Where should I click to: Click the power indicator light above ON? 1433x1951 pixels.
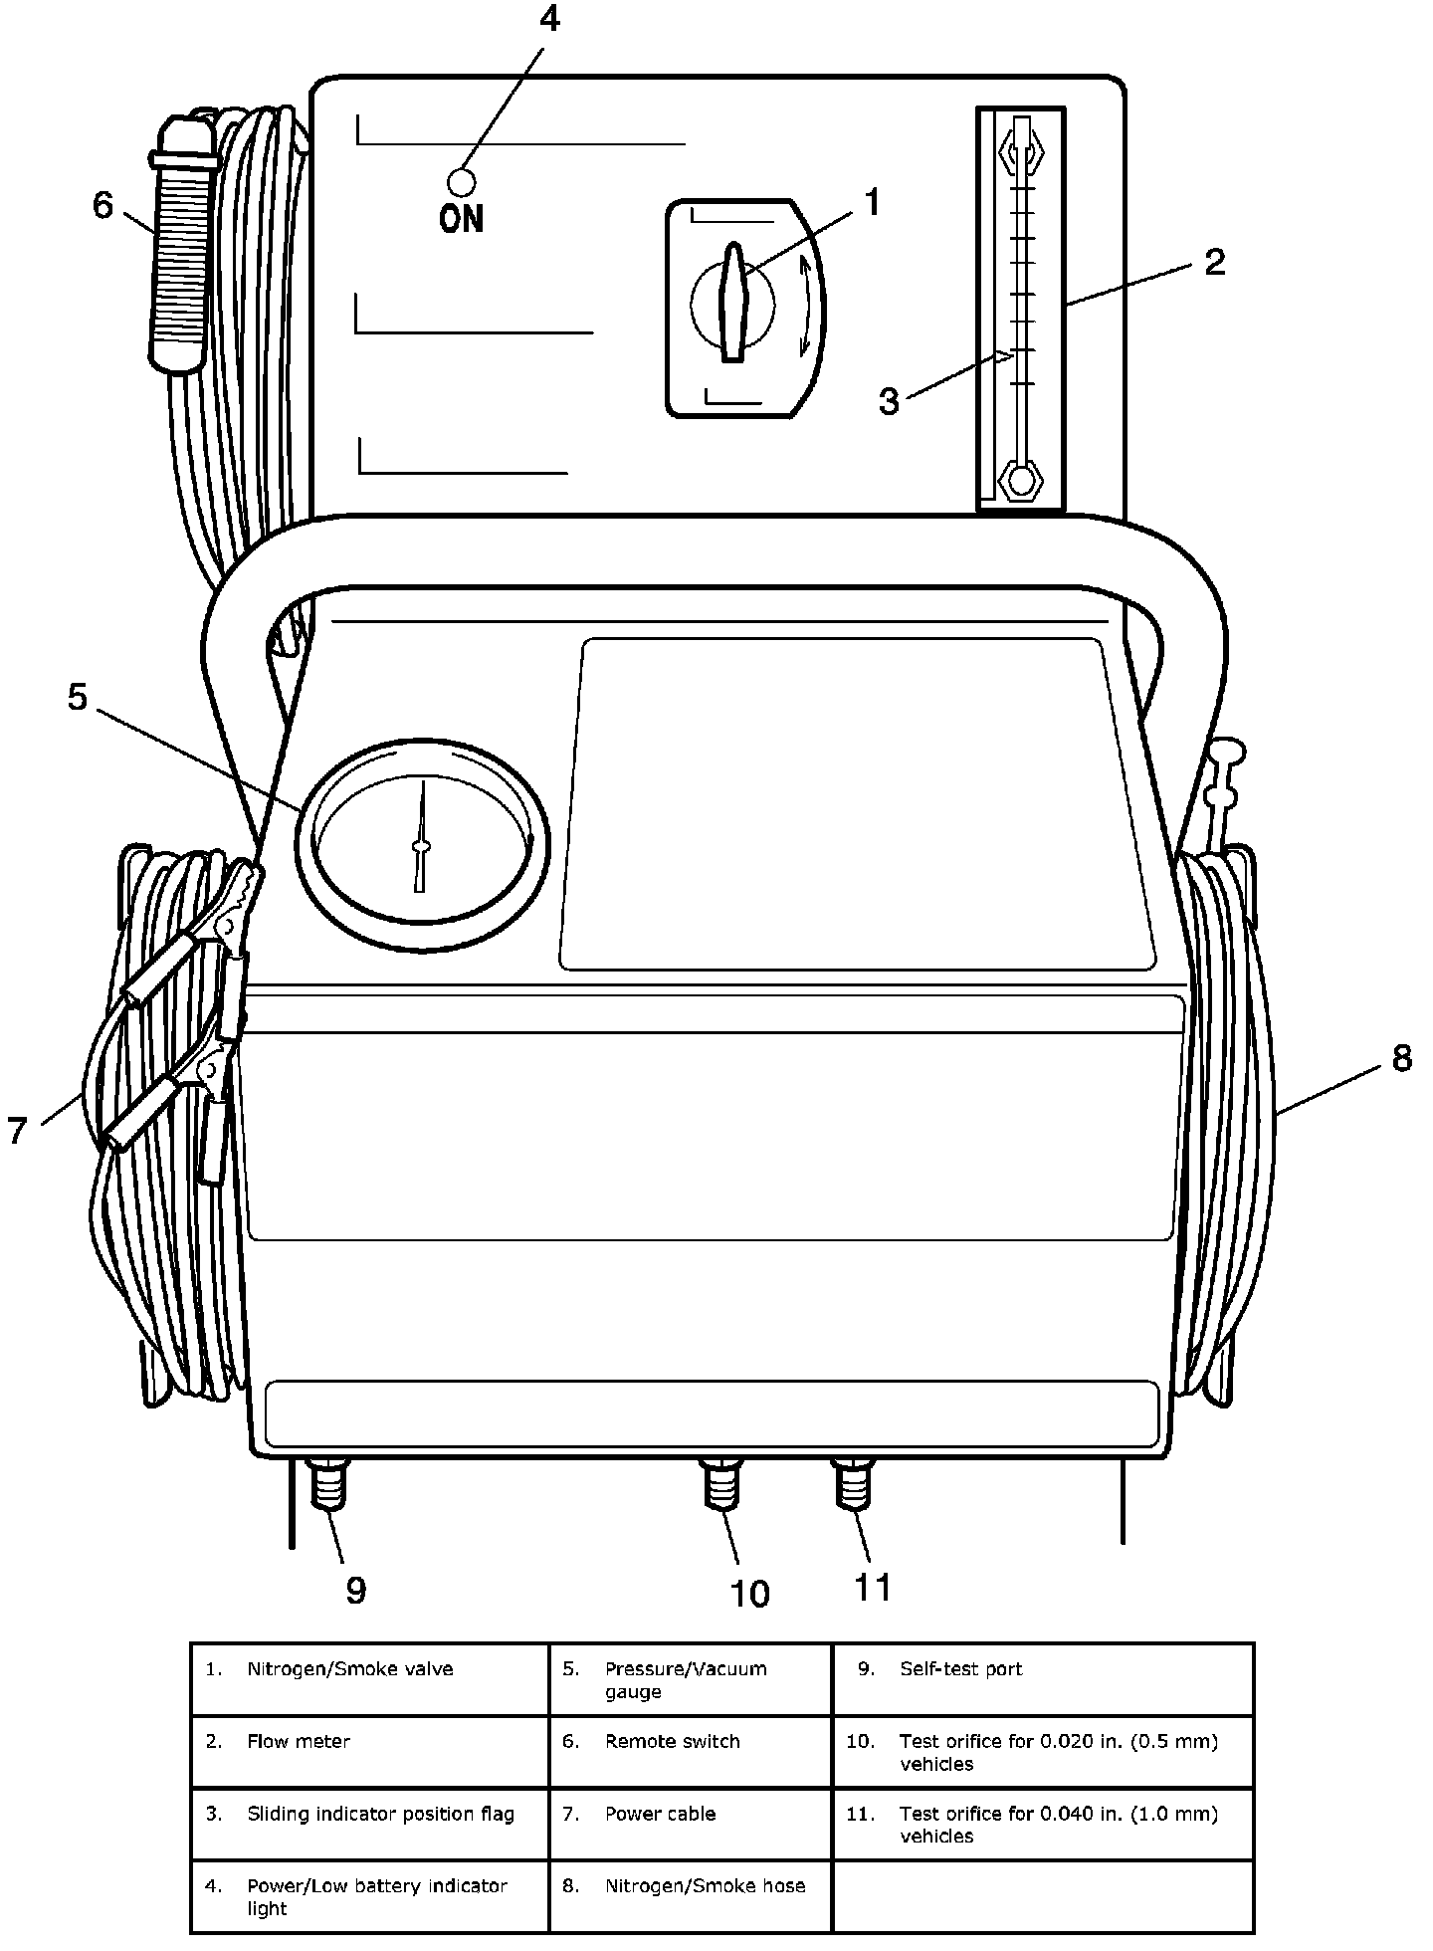coord(462,181)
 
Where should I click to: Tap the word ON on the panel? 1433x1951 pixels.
coord(462,218)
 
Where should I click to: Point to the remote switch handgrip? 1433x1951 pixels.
coord(180,249)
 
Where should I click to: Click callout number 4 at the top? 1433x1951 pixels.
coord(550,20)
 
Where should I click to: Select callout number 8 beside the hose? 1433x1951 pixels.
coord(1401,1058)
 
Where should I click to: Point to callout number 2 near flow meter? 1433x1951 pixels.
coord(1214,263)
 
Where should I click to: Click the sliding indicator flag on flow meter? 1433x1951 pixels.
coord(1002,356)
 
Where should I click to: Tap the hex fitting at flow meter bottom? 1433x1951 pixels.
coord(1021,481)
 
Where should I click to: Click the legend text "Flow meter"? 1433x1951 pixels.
coord(299,1741)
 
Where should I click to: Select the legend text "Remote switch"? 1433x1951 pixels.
coord(673,1741)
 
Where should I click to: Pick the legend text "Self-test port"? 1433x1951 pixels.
coord(961,1669)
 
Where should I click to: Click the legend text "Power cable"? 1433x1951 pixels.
coord(661,1814)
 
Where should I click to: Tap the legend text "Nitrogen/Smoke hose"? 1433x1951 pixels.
coord(706,1885)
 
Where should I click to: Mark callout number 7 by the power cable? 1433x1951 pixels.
coord(18,1130)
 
